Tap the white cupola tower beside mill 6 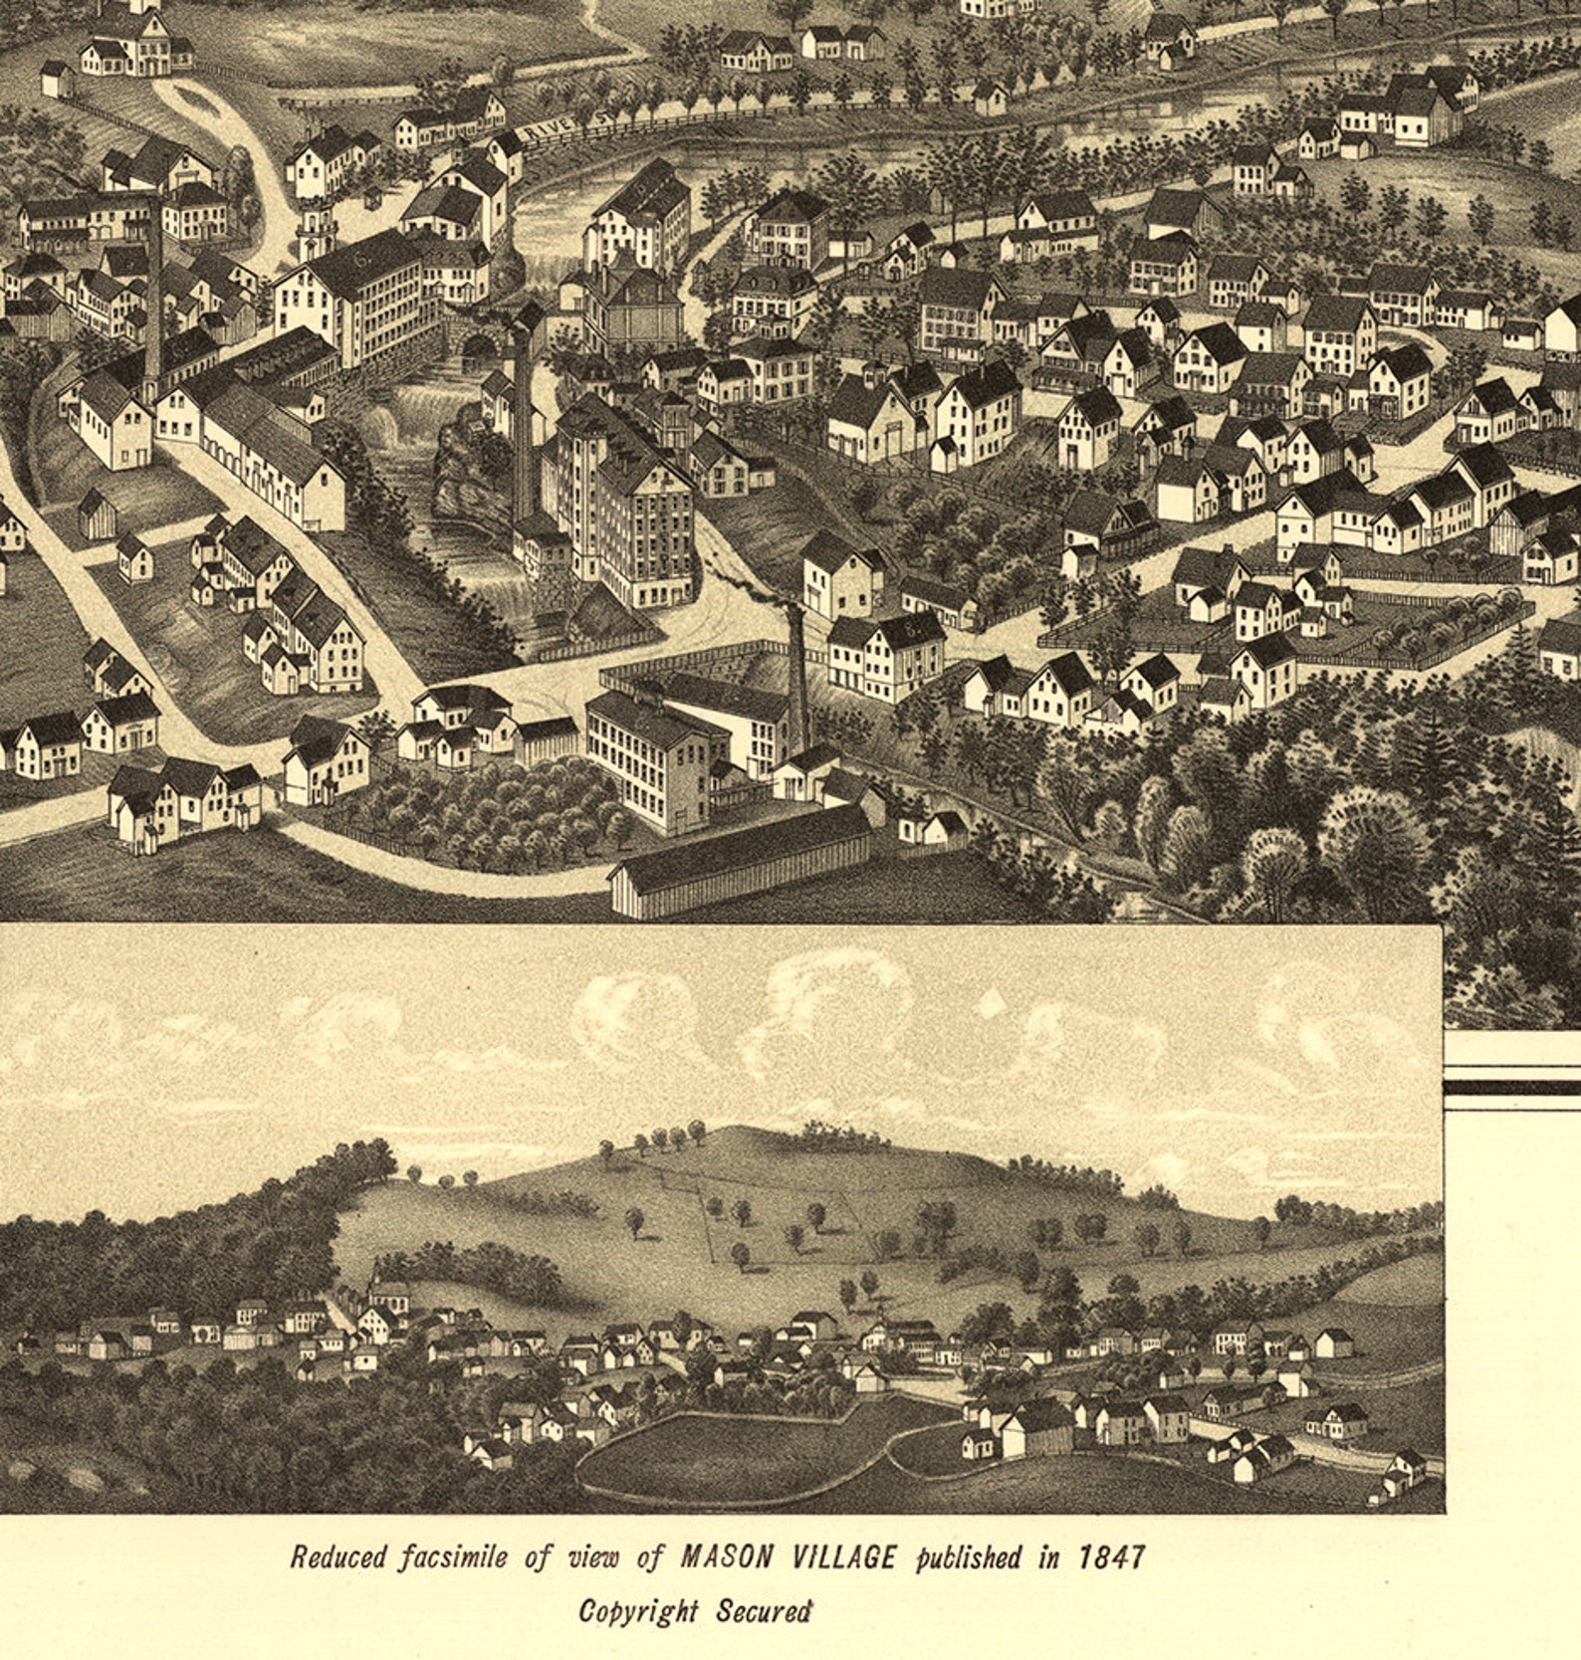coord(316,231)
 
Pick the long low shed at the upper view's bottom coord(742,861)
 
